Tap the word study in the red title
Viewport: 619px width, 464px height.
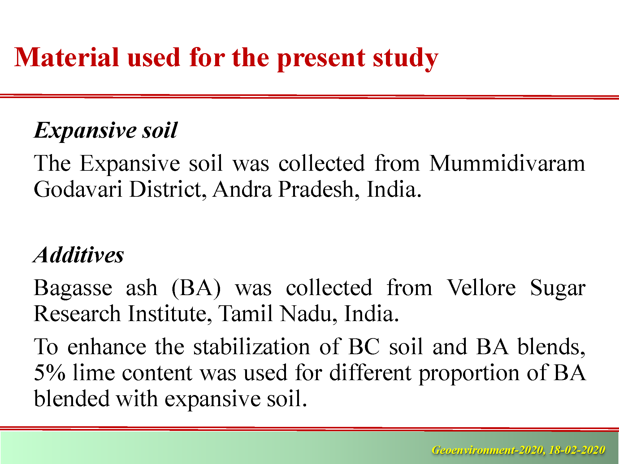(405, 59)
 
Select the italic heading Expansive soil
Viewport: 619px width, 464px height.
(106, 131)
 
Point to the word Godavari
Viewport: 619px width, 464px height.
(78, 189)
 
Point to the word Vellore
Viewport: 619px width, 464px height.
(481, 288)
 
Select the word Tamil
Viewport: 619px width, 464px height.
(246, 314)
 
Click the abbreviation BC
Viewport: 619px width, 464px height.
(364, 346)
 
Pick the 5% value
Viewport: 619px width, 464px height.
(50, 372)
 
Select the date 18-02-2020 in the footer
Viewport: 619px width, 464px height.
(577, 450)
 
